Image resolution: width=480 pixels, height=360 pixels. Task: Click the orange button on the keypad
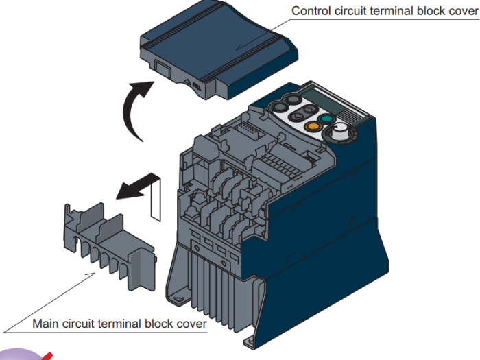313,125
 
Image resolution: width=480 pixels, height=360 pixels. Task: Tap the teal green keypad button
327,117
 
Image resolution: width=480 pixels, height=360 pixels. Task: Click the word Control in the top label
310,11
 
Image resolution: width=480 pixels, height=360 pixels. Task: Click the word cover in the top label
462,11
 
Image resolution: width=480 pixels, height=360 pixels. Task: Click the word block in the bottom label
156,323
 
